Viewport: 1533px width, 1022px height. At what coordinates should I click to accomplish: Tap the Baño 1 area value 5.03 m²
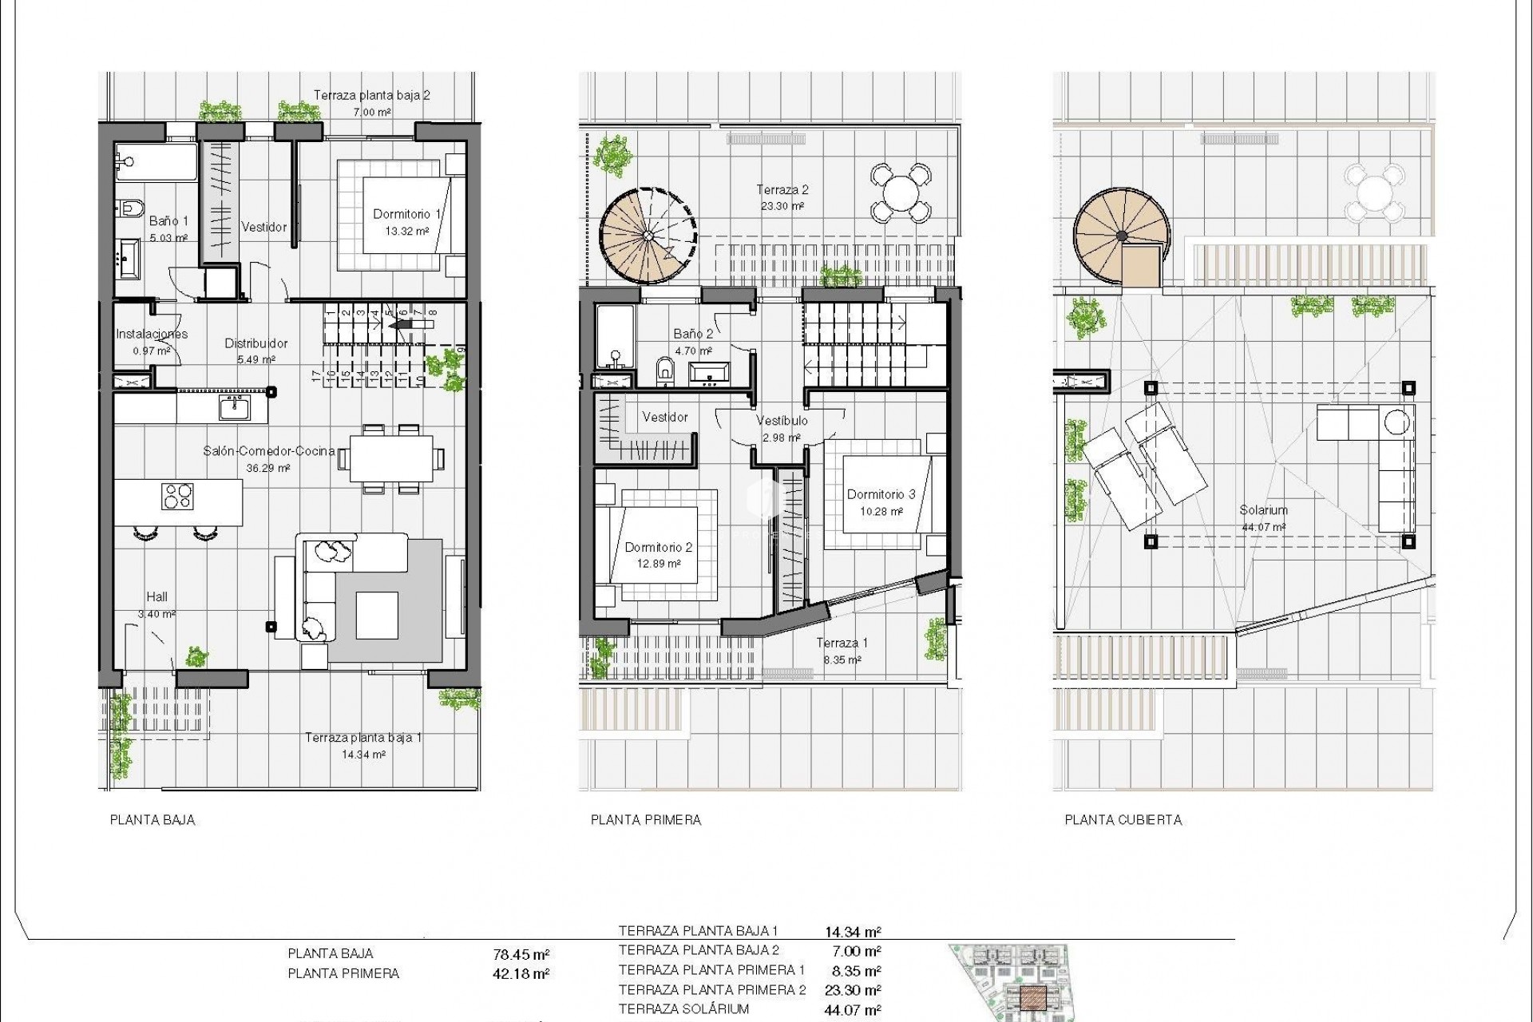tap(168, 238)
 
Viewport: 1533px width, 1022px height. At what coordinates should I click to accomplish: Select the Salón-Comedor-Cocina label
tap(269, 451)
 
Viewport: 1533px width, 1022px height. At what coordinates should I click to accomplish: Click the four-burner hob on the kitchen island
tap(177, 497)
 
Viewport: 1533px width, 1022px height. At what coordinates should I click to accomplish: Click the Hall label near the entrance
tap(156, 596)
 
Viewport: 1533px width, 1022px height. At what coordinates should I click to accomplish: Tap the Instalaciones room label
tap(152, 334)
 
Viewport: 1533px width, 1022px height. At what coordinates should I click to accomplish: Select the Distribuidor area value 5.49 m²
tap(255, 359)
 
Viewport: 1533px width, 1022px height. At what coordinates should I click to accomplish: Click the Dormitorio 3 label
tap(881, 494)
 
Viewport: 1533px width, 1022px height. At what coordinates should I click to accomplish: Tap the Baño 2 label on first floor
tap(693, 334)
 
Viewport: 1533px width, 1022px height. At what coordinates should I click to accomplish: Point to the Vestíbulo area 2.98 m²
tap(782, 438)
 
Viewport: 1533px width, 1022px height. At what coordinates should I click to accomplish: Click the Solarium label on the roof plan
tap(1263, 510)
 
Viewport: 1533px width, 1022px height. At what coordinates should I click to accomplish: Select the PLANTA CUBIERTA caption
tap(1123, 820)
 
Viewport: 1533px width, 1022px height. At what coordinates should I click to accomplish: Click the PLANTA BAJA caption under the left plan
tap(152, 820)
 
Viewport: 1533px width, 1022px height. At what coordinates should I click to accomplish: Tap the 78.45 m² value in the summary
tap(521, 954)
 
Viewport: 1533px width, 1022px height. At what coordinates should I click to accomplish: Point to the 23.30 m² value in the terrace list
tap(853, 991)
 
